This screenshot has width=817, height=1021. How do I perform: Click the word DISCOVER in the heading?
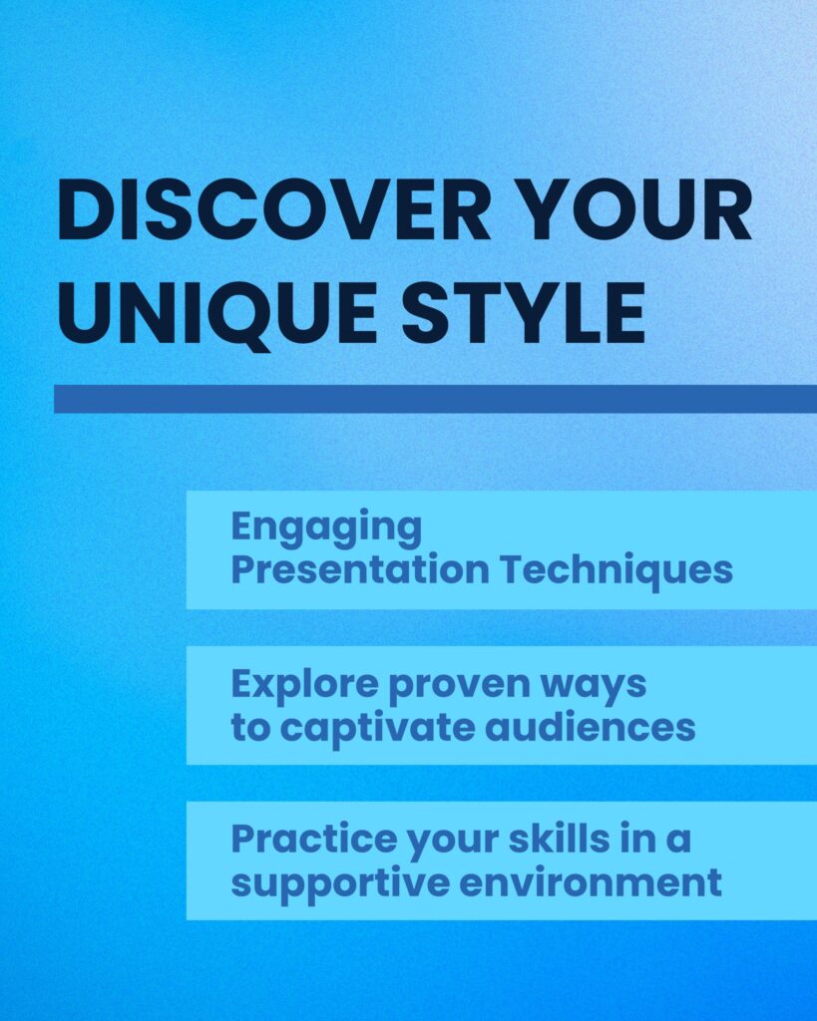(x=273, y=212)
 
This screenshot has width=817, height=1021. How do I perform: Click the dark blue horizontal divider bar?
(x=435, y=399)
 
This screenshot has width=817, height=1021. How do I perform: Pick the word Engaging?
(x=326, y=527)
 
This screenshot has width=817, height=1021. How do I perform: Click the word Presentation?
(x=360, y=569)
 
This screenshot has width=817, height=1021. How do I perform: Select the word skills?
(x=560, y=839)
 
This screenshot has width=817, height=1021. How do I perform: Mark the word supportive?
(x=340, y=884)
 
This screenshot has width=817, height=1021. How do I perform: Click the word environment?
(x=591, y=883)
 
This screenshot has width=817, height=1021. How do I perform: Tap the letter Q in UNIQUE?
(x=247, y=317)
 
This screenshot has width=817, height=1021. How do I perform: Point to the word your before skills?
(x=453, y=843)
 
